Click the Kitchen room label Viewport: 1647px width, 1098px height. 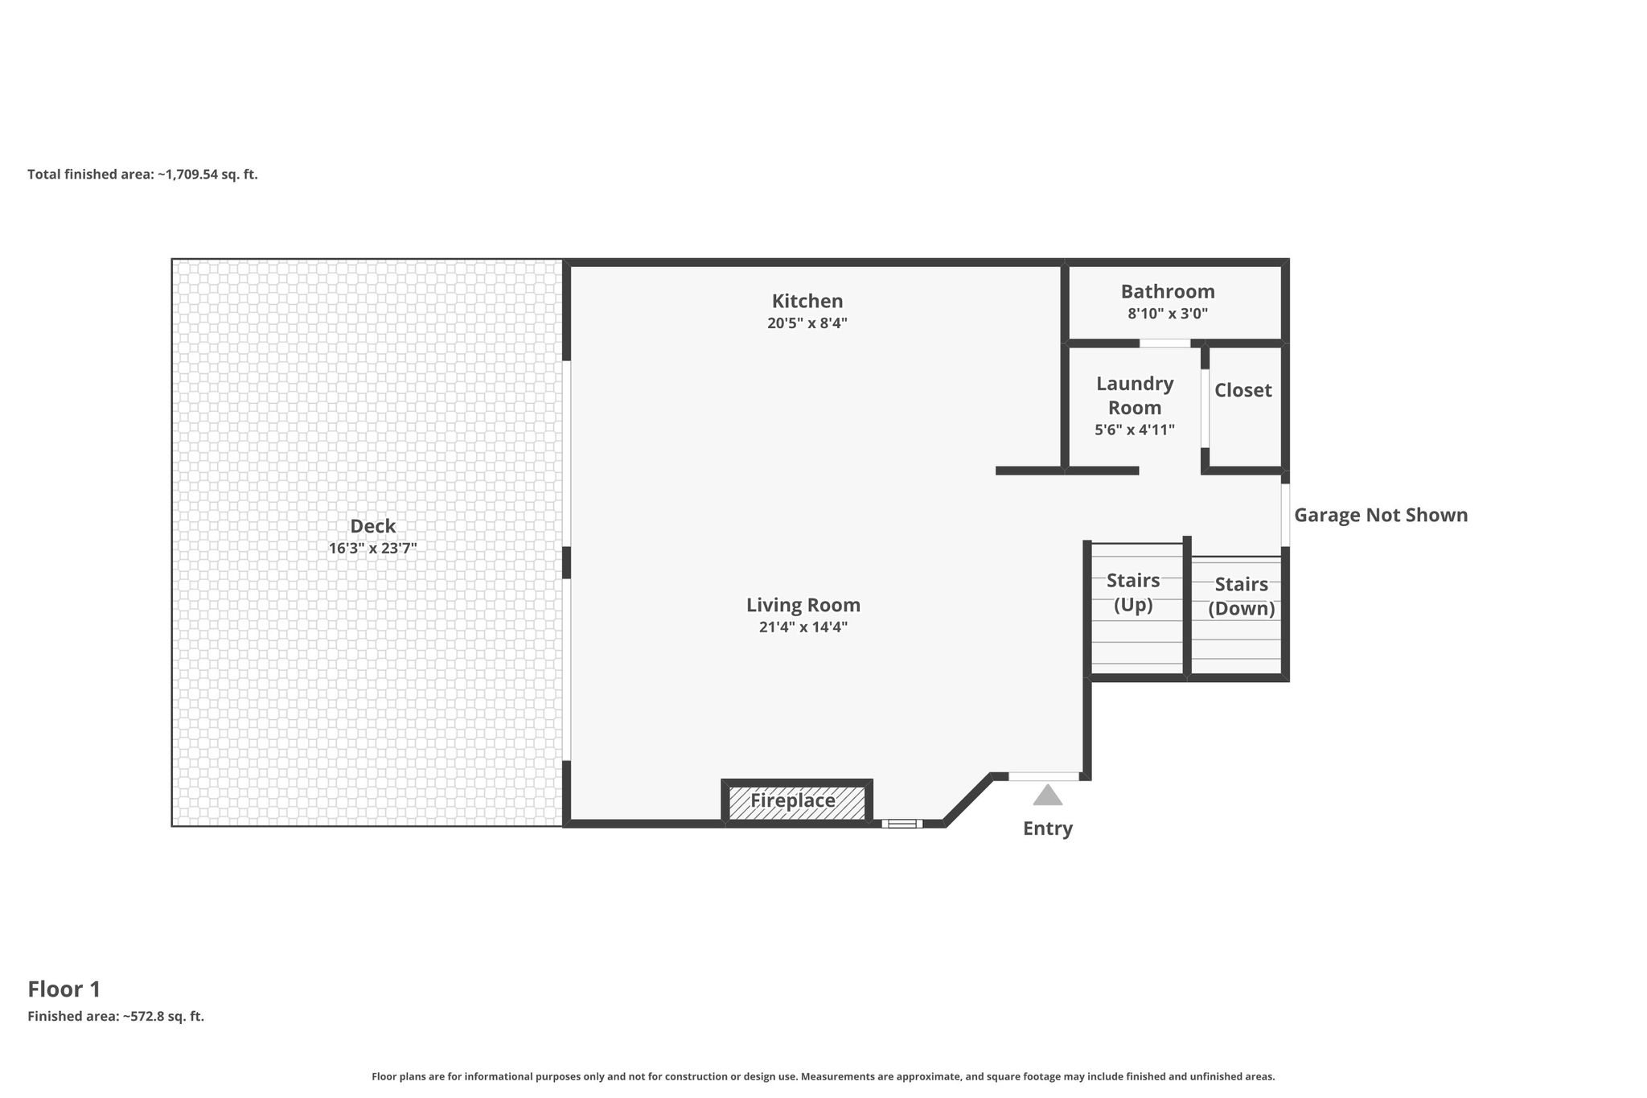pos(807,301)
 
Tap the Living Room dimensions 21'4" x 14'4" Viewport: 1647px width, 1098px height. pos(803,627)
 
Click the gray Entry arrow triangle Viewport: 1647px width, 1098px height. pos(1048,795)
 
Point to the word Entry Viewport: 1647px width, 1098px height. pos(1048,829)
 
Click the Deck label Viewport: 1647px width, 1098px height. pos(373,526)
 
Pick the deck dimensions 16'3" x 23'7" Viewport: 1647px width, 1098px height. pos(373,549)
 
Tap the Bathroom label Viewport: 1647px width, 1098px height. pos(1168,291)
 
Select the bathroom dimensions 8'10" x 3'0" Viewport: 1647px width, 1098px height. pos(1168,314)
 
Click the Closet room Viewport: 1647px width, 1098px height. pos(1243,390)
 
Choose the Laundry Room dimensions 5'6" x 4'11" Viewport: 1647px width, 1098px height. pos(1135,430)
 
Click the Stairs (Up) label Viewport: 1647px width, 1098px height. pos(1133,592)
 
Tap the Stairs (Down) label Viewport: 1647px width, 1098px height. pos(1242,596)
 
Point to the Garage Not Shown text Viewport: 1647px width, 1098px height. pos(1381,515)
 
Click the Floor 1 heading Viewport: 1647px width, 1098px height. pos(64,989)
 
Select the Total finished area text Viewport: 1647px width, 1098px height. pos(142,174)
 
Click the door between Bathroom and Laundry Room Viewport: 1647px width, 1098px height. pos(1165,343)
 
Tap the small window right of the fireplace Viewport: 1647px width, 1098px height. pos(902,823)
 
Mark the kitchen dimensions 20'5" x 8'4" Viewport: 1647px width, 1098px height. pos(807,323)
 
